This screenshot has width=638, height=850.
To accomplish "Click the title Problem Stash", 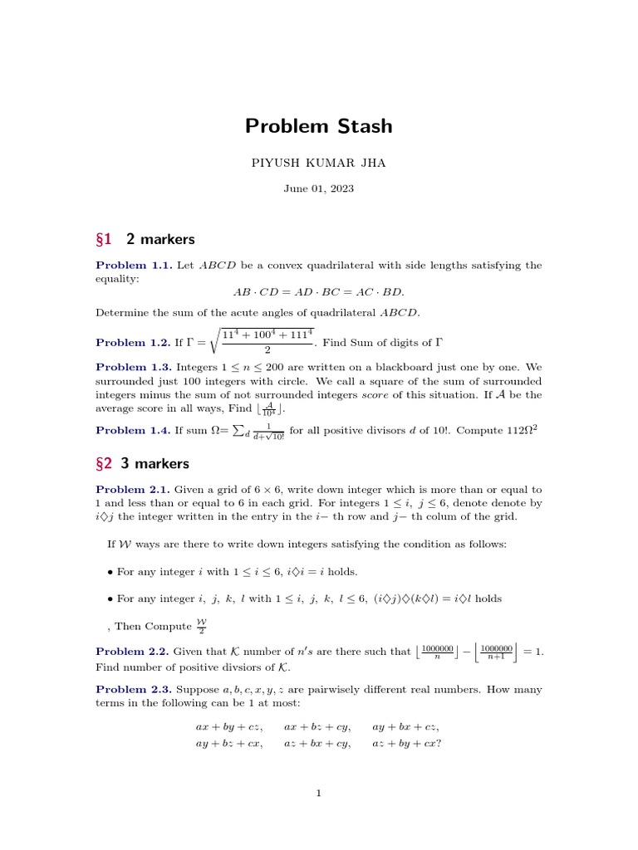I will (x=318, y=126).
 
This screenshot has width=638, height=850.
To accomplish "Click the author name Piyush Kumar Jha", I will (x=318, y=164).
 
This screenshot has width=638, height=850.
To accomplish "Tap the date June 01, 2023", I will (x=318, y=188).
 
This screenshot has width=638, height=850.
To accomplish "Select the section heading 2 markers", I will (x=159, y=240).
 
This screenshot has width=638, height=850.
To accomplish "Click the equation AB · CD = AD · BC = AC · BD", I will (x=318, y=292).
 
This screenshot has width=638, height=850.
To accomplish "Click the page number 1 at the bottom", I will (x=318, y=794).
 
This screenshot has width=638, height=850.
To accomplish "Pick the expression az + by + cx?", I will (x=406, y=743).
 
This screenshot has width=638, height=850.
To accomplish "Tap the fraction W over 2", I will (x=201, y=627).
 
